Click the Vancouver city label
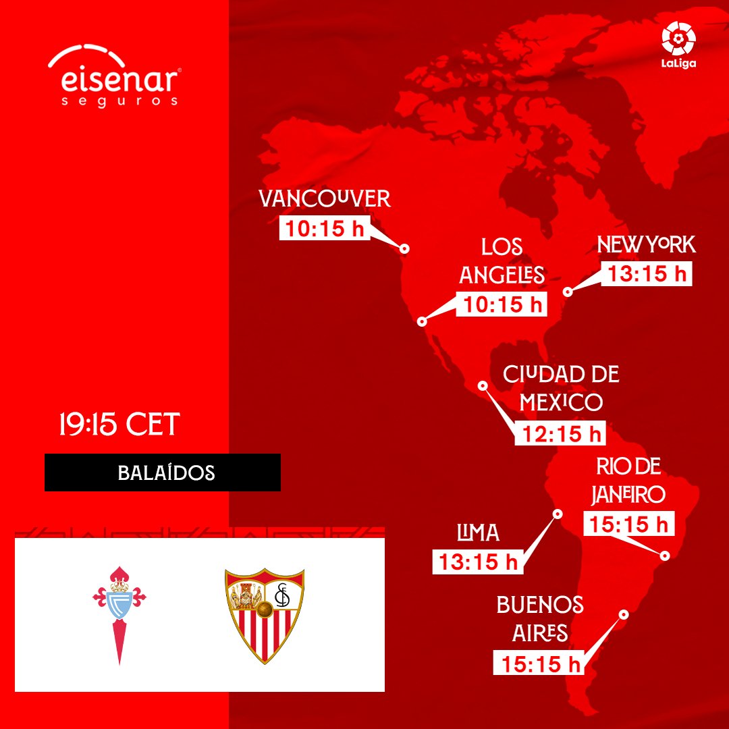coord(325,198)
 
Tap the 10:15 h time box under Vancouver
coord(325,228)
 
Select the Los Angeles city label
coord(502,261)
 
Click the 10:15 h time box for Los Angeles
coord(502,304)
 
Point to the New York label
coord(646,244)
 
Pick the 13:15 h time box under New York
coord(647,273)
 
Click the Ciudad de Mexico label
coord(561,388)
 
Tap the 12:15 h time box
coord(560,433)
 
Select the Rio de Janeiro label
coord(628,481)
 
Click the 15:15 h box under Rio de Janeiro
coord(629,524)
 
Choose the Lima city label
coord(478,533)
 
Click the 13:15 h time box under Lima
coord(478,562)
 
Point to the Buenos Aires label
coord(540,619)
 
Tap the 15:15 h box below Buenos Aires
coord(539,662)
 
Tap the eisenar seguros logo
coord(114,76)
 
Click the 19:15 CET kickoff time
coord(119,423)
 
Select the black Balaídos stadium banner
coord(163,473)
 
